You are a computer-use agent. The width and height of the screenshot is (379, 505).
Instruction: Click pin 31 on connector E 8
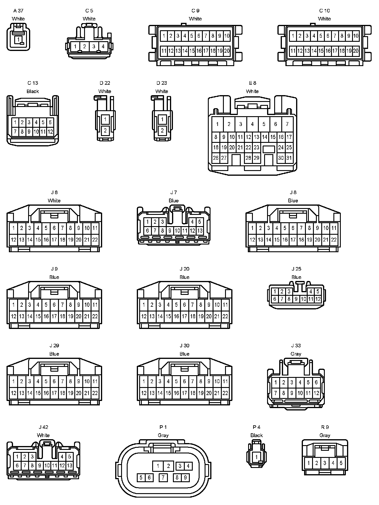click(x=289, y=158)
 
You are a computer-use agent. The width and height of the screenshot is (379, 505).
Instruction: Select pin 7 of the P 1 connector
click(x=163, y=477)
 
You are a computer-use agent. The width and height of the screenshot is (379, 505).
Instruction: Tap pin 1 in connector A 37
click(x=18, y=39)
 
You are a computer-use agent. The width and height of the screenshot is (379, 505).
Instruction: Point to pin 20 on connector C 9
click(x=227, y=51)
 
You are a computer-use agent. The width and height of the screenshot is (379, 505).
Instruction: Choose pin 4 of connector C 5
click(x=103, y=47)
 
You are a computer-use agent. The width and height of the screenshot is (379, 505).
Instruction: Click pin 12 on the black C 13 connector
click(x=50, y=132)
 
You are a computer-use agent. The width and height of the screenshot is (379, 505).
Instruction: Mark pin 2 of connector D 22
click(x=105, y=130)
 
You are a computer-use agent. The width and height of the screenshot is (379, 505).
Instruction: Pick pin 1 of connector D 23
click(x=162, y=120)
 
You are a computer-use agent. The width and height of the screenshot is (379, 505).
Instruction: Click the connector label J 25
click(x=296, y=269)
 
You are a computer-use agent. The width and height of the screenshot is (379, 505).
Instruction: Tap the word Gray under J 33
click(x=296, y=354)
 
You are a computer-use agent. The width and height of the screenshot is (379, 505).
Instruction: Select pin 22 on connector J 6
click(x=95, y=240)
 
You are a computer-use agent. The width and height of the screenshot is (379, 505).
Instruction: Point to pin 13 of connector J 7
click(x=200, y=231)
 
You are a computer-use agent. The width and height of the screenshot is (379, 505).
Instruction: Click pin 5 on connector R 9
click(x=341, y=463)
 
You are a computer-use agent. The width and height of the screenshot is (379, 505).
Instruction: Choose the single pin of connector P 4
click(x=256, y=457)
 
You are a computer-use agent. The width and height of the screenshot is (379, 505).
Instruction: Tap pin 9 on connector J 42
click(x=40, y=466)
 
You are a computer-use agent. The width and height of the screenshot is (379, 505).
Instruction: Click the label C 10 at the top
click(x=324, y=11)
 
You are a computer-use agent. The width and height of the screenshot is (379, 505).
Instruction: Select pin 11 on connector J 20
click(x=225, y=305)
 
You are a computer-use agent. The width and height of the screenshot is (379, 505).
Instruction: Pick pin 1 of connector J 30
click(x=144, y=381)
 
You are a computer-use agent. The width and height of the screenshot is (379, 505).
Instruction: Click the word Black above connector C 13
click(x=33, y=91)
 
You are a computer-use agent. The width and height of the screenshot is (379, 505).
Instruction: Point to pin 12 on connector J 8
click(x=252, y=240)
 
